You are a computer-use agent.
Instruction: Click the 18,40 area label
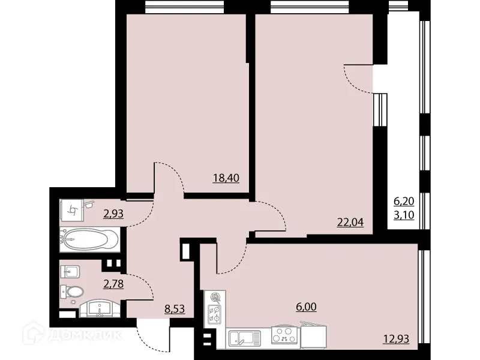(226, 178)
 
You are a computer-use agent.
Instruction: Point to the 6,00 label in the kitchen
(306, 307)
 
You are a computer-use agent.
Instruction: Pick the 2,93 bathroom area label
(113, 213)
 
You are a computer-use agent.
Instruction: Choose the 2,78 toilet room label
(113, 283)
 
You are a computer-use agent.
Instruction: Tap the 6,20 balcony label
(403, 203)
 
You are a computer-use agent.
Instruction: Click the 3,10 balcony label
(403, 215)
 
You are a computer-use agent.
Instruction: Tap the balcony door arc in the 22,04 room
(359, 79)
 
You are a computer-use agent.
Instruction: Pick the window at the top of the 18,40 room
(184, 6)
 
